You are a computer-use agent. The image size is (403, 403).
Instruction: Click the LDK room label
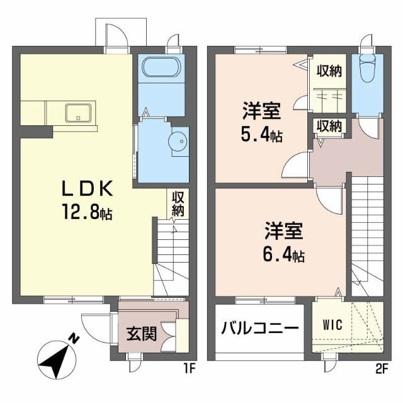click(x=88, y=189)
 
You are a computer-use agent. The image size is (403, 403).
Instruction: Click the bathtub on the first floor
click(x=161, y=67)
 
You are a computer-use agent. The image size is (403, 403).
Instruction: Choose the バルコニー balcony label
click(x=259, y=328)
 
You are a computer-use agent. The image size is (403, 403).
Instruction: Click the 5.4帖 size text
click(x=262, y=134)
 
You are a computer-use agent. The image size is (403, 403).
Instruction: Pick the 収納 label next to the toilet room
click(x=328, y=71)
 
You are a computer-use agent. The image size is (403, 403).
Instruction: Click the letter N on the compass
click(x=74, y=339)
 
